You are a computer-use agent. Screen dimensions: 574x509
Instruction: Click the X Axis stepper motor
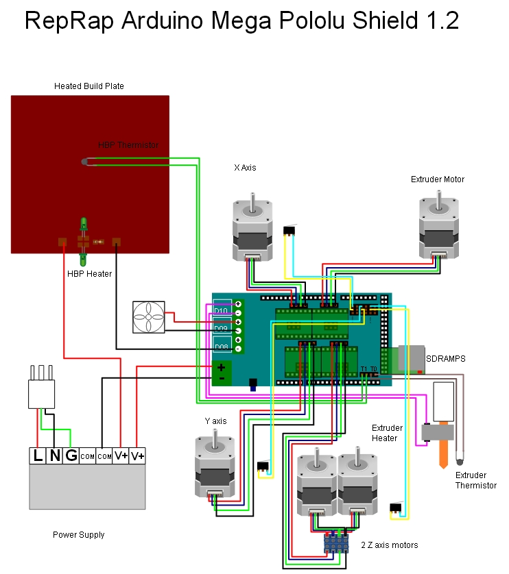pos(252,230)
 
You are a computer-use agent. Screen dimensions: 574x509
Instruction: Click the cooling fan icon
pos(150,318)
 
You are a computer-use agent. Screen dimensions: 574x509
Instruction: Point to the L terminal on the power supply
pos(37,455)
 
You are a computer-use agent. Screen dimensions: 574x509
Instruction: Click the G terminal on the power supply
pos(70,455)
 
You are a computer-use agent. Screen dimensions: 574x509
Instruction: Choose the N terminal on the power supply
pos(54,455)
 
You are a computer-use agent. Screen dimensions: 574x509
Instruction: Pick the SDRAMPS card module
pos(410,358)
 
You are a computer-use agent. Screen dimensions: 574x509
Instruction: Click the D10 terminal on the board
pos(222,310)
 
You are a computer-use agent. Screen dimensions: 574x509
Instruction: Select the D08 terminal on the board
pos(222,347)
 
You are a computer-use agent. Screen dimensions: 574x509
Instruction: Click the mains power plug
pos(40,391)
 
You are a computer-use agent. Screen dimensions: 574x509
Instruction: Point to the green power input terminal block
pos(221,373)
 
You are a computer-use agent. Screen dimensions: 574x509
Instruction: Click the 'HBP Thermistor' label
pos(128,145)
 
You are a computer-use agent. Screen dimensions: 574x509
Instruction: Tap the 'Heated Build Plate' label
pos(88,86)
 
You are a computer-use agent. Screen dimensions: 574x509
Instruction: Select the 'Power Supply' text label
pos(79,534)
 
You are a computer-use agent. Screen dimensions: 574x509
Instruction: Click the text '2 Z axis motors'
pos(390,545)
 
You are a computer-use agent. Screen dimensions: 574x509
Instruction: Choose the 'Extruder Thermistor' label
pos(476,480)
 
